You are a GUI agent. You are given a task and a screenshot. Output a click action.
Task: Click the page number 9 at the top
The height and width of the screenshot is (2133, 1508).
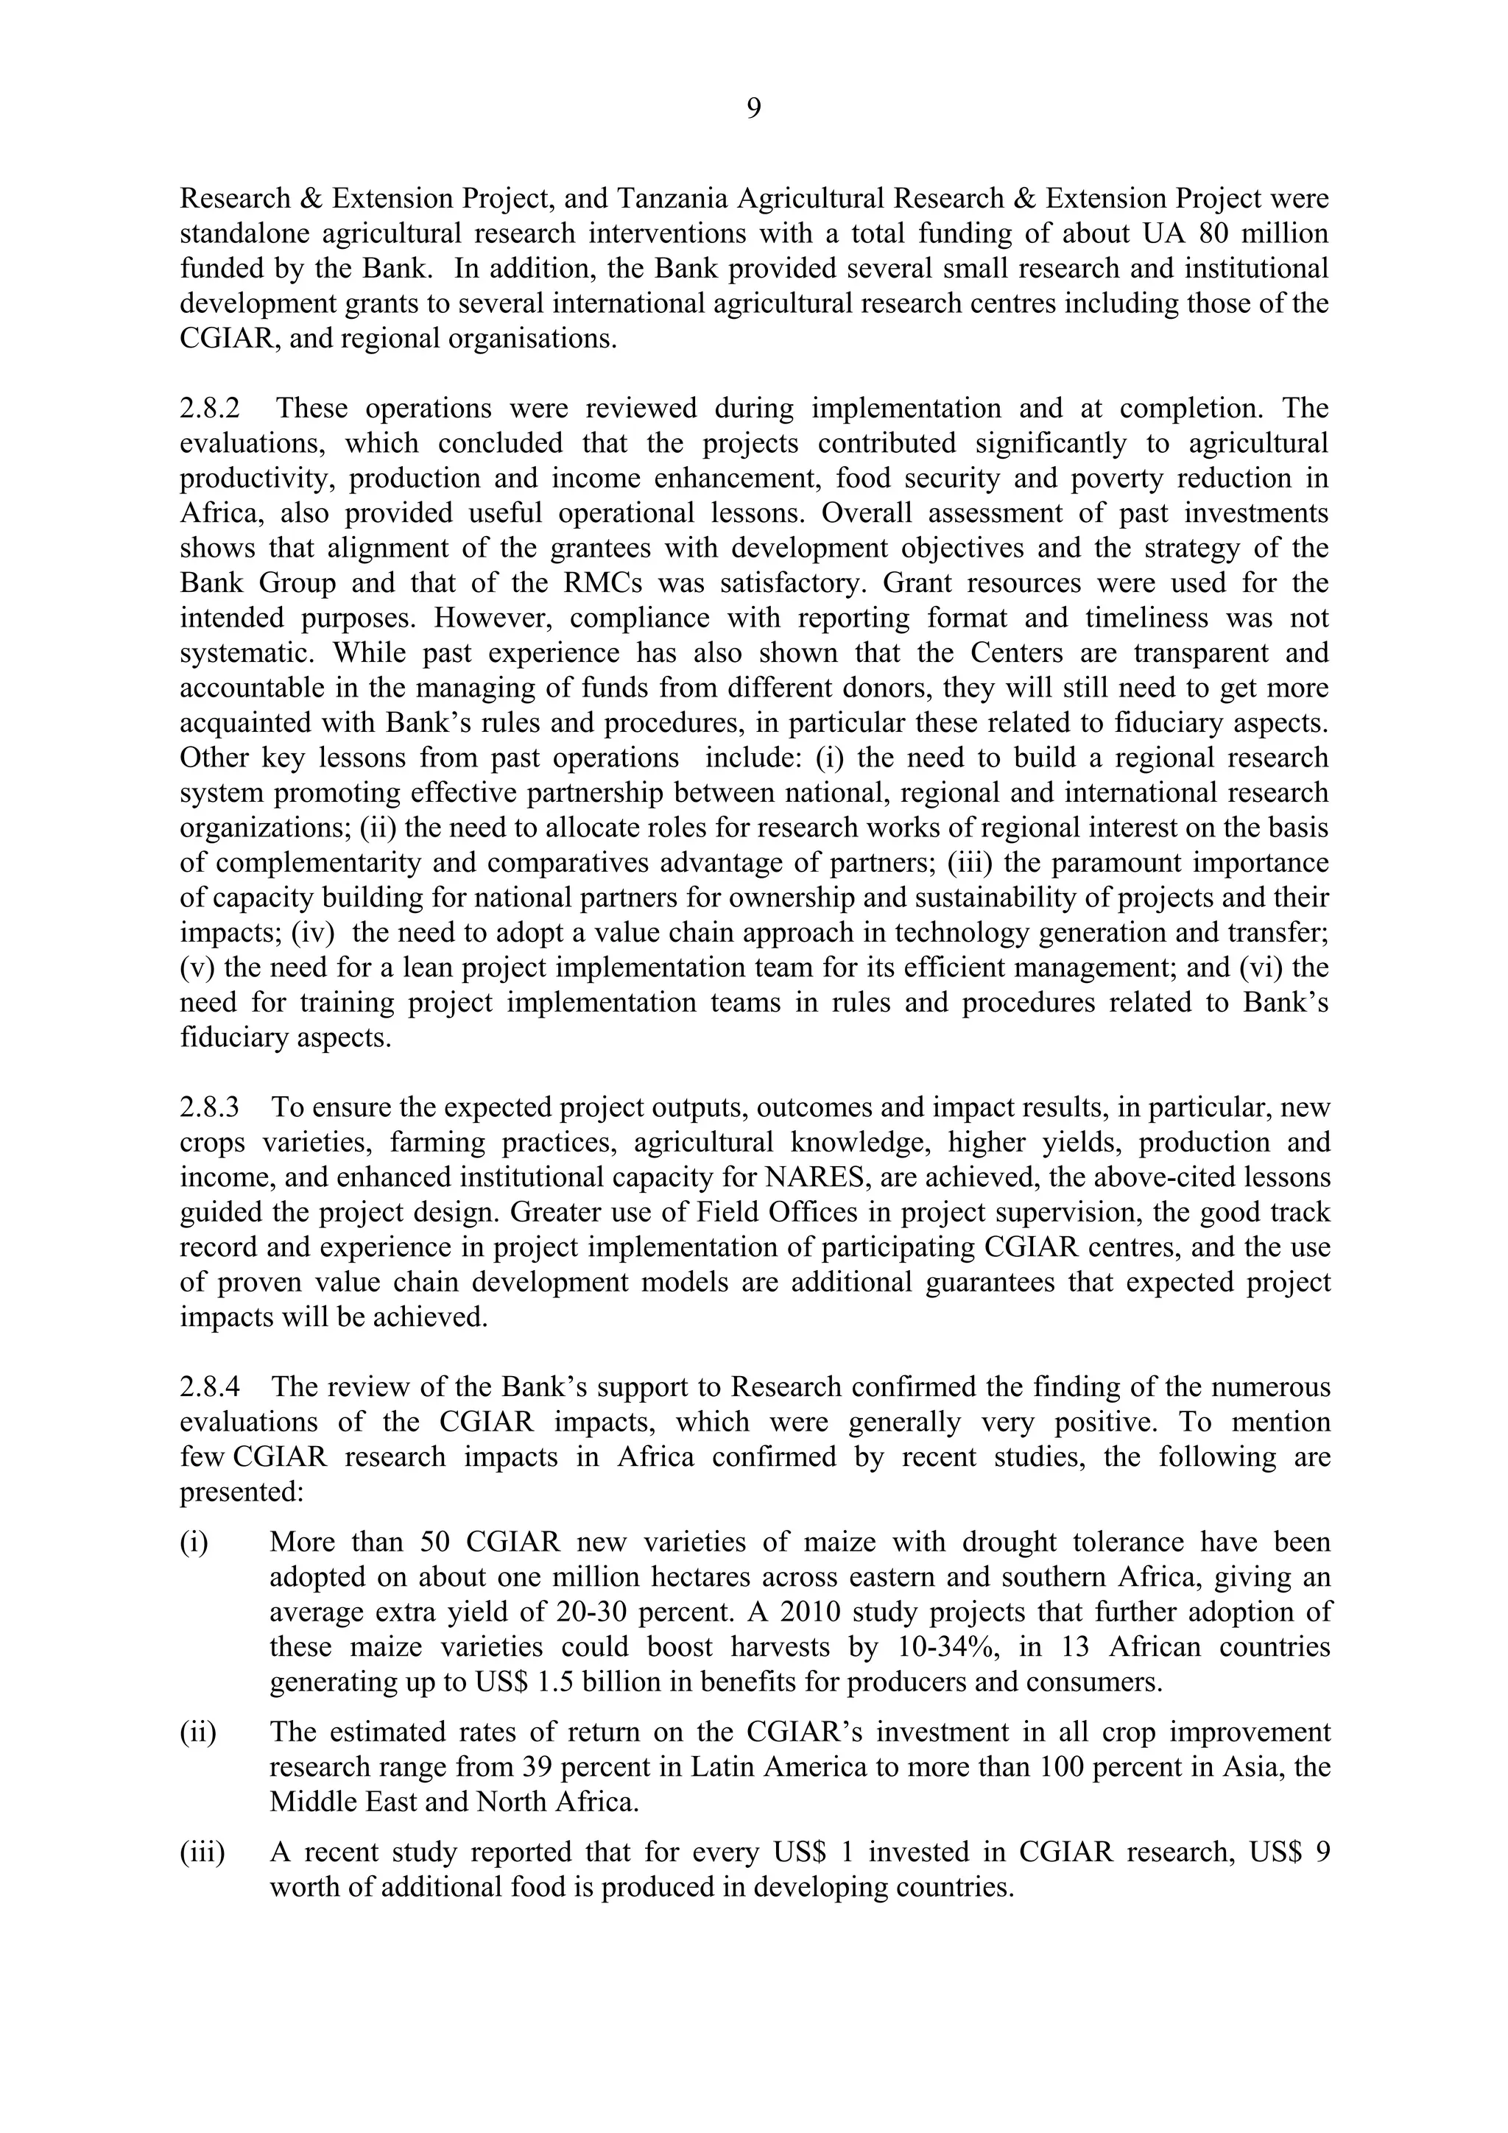pyautogui.click(x=753, y=110)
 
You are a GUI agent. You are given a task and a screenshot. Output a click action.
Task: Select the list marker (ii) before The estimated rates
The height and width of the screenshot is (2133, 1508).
pyautogui.click(x=198, y=1732)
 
